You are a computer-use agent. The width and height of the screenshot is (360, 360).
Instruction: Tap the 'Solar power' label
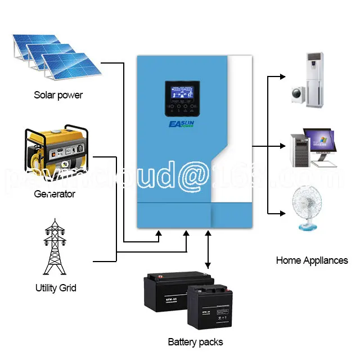58,94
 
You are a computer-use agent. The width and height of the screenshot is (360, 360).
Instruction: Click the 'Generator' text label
55,194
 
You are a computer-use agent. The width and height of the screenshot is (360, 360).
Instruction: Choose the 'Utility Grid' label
55,289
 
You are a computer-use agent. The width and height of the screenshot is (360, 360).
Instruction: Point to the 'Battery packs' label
195,342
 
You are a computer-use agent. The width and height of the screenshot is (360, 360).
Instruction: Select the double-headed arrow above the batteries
209,247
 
